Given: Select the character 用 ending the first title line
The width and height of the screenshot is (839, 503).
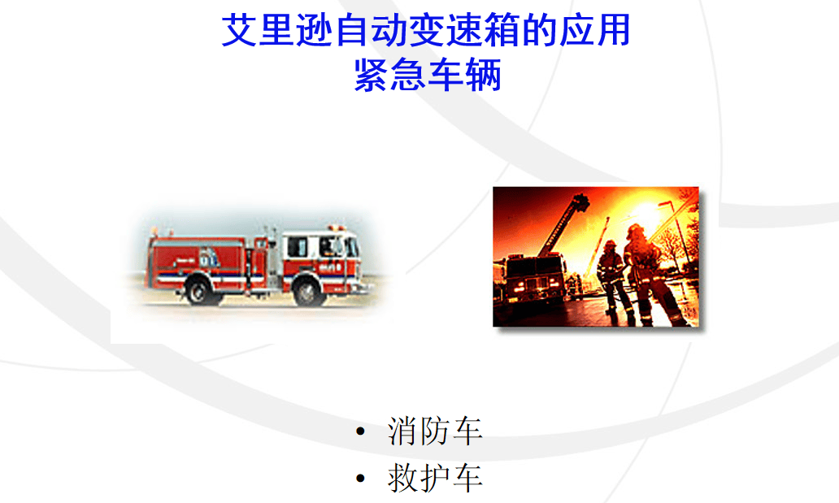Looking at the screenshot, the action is coord(614,31).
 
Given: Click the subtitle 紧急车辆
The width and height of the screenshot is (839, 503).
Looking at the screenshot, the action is coord(428,75).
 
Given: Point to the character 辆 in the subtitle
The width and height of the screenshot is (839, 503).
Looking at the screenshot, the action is coord(484,75).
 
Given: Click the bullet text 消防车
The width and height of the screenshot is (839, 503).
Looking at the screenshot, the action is coord(435,431).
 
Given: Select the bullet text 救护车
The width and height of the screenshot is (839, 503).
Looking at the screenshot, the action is coord(435,478).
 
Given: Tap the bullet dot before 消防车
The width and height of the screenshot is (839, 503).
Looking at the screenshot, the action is coord(361,431).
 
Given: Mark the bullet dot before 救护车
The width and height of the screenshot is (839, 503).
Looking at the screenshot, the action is coord(361,478).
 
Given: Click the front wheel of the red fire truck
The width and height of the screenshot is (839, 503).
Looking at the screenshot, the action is coord(308,293).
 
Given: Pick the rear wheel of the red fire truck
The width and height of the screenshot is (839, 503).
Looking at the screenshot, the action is coord(198,292).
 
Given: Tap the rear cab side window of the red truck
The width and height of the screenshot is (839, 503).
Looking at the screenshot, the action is coord(298,247).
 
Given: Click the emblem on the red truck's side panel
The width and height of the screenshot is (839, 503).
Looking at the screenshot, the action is coord(209,258).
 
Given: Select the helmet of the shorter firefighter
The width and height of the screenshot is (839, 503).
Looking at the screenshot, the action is coord(610,245).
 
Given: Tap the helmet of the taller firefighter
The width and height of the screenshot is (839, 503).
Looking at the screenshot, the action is coord(636,230).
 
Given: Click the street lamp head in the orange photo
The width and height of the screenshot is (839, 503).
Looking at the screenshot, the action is coord(665,203).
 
